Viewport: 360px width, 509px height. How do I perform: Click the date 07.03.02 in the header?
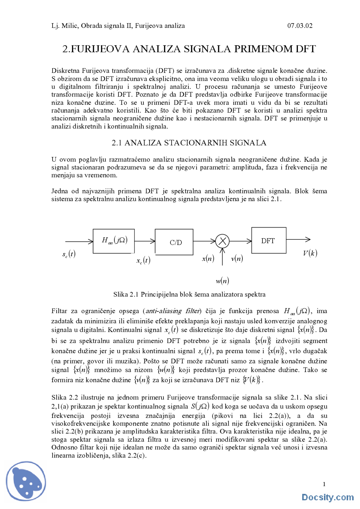click(300, 26)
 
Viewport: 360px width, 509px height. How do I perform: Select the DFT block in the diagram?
click(269, 241)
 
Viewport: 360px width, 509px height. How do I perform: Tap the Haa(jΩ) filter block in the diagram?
click(114, 241)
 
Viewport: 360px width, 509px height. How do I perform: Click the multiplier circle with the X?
click(222, 241)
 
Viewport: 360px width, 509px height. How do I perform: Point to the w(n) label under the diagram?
click(222, 280)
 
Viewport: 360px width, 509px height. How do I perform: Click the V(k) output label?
click(310, 253)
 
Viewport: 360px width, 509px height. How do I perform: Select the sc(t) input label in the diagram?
click(69, 254)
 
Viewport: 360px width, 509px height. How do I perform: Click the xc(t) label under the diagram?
click(143, 260)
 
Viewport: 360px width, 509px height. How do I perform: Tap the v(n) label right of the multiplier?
click(237, 258)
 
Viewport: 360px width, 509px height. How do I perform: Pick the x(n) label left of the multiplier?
click(208, 258)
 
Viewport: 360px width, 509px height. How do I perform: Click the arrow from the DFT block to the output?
click(298, 239)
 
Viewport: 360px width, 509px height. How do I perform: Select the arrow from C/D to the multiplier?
click(204, 241)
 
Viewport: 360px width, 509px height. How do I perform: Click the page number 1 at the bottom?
click(324, 484)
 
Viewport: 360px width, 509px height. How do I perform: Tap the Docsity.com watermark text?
click(328, 497)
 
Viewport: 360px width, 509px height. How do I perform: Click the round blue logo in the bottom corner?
click(26, 481)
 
